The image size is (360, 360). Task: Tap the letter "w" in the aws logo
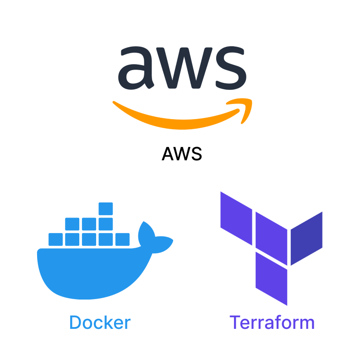click(x=184, y=68)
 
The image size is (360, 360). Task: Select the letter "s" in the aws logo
click(x=231, y=68)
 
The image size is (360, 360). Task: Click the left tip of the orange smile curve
click(x=114, y=102)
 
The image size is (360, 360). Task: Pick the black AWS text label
click(x=182, y=154)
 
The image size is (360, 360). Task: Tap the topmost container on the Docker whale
click(x=106, y=209)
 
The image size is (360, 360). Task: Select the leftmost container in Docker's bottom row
click(x=55, y=240)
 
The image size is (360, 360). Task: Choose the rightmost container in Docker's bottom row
click(x=122, y=240)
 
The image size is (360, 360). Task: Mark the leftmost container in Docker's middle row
click(x=72, y=224)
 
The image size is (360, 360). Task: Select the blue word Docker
click(x=100, y=322)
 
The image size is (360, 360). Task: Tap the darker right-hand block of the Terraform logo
click(x=306, y=238)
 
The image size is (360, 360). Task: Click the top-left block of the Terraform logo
click(x=236, y=218)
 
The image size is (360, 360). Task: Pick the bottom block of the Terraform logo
click(x=272, y=279)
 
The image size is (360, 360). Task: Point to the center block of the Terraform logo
click(x=272, y=239)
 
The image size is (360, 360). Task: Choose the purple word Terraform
click(x=272, y=322)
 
